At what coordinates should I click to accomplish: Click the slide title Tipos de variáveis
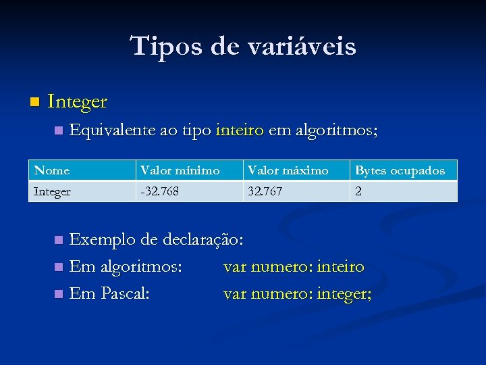pyautogui.click(x=243, y=47)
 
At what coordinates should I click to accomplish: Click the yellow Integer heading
pyautogui.click(x=78, y=102)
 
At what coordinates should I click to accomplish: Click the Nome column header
pyautogui.click(x=52, y=170)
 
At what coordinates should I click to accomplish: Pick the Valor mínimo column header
pyautogui.click(x=180, y=170)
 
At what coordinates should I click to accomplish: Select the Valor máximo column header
pyautogui.click(x=288, y=170)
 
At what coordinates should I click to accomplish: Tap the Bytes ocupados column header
pyautogui.click(x=400, y=170)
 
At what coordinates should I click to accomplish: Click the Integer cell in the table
pyautogui.click(x=53, y=191)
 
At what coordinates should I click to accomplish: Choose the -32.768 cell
pyautogui.click(x=159, y=191)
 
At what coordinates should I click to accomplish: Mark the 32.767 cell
pyautogui.click(x=265, y=191)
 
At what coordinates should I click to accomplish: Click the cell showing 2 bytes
pyautogui.click(x=358, y=191)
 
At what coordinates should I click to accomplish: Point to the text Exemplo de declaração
pyautogui.click(x=157, y=239)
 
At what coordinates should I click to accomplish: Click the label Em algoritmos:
pyautogui.click(x=126, y=267)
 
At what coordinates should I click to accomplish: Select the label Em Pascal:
pyautogui.click(x=110, y=294)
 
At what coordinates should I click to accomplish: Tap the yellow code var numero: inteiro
pyautogui.click(x=294, y=267)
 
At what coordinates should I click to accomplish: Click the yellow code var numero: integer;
pyautogui.click(x=297, y=294)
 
